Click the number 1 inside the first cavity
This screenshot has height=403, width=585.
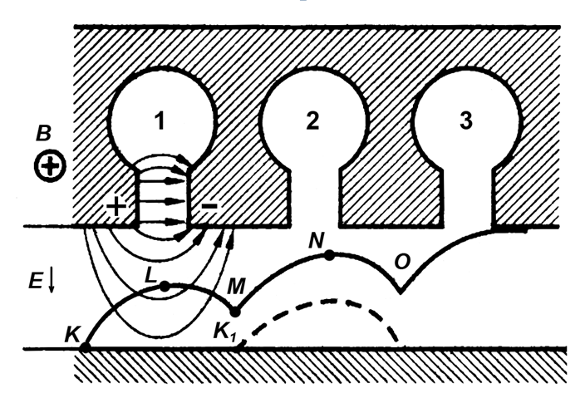pyautogui.click(x=160, y=121)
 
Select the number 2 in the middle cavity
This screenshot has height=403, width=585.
pyautogui.click(x=312, y=120)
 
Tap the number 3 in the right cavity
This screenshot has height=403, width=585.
pyautogui.click(x=466, y=120)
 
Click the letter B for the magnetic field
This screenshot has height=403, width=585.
pyautogui.click(x=44, y=133)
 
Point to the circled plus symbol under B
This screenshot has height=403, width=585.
pyautogui.click(x=51, y=165)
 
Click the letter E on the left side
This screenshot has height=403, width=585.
pyautogui.click(x=36, y=280)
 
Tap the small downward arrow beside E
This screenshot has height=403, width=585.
pyautogui.click(x=52, y=281)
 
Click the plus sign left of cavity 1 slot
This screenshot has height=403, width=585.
pyautogui.click(x=116, y=206)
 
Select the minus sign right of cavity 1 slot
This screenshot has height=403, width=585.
pyautogui.click(x=209, y=205)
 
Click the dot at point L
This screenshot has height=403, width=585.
pyautogui.click(x=165, y=287)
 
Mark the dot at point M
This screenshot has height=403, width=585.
pyautogui.click(x=235, y=312)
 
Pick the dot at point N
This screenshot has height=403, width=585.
pyautogui.click(x=329, y=255)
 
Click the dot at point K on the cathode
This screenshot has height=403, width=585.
pyautogui.click(x=86, y=348)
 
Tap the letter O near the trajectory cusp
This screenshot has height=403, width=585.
pyautogui.click(x=402, y=262)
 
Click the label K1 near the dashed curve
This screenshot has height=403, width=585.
pyautogui.click(x=225, y=331)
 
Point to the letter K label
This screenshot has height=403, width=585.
pyautogui.click(x=73, y=334)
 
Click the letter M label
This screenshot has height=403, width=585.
pyautogui.click(x=236, y=287)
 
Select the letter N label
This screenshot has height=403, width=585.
pyautogui.click(x=317, y=241)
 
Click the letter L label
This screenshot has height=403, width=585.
pyautogui.click(x=151, y=275)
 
